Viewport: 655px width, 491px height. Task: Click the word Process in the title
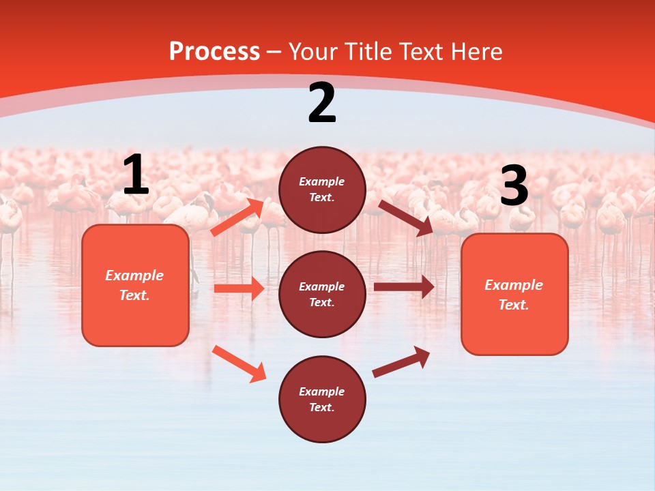(214, 52)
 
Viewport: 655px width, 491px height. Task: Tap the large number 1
(136, 175)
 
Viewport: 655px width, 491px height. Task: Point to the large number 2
(322, 103)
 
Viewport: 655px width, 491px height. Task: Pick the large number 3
(514, 186)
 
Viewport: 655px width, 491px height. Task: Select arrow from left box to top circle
(238, 218)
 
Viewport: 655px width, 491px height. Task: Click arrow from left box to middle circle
(239, 288)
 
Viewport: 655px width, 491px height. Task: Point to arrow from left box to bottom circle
(239, 363)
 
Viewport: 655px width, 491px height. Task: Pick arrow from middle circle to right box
(404, 287)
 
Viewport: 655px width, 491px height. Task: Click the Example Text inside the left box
(134, 285)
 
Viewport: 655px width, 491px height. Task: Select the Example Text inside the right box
(514, 295)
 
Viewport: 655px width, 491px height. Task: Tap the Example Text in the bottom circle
(322, 400)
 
